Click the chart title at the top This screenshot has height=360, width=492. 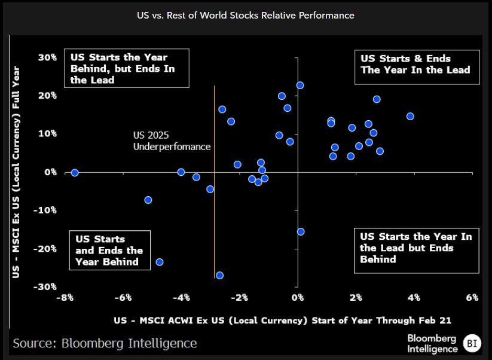(x=246, y=16)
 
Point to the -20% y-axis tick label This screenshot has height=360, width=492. (x=47, y=248)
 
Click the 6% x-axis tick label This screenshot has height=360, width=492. (x=472, y=298)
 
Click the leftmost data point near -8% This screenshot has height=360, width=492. (x=75, y=173)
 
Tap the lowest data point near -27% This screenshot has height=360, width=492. (x=219, y=275)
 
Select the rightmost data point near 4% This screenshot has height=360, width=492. (x=410, y=116)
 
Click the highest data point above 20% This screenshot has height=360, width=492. (x=300, y=86)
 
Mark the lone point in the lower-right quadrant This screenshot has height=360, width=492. (x=301, y=231)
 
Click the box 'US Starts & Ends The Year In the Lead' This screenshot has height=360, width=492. (x=415, y=65)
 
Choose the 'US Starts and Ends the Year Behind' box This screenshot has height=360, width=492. (x=109, y=250)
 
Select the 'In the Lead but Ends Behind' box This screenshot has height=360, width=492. (x=416, y=248)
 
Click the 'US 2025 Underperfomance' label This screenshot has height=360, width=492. (x=172, y=141)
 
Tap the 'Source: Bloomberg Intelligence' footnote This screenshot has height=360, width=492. (x=105, y=343)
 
